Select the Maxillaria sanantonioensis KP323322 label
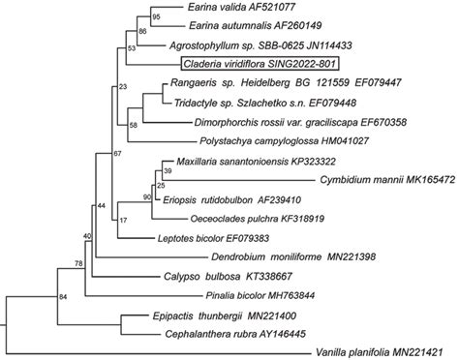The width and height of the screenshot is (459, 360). click(256, 162)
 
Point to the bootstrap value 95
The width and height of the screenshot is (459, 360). click(156, 17)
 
